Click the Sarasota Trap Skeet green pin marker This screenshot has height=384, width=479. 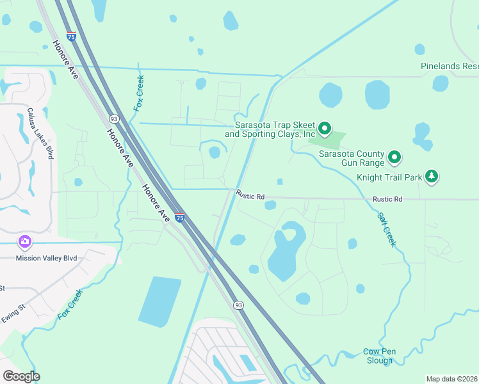coord(325,129)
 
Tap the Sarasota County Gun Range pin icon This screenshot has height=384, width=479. coord(395,157)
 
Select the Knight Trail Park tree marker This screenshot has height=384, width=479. coord(432,176)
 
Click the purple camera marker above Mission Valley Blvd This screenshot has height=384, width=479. coord(25,242)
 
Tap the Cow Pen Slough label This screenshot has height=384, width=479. coord(379,356)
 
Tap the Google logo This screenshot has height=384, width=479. coord(21,376)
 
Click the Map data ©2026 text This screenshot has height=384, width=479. coord(451,379)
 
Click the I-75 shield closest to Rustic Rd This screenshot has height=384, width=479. coord(180,218)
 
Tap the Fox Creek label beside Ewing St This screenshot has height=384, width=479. coord(70,305)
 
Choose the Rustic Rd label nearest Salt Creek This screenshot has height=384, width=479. coord(387,200)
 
